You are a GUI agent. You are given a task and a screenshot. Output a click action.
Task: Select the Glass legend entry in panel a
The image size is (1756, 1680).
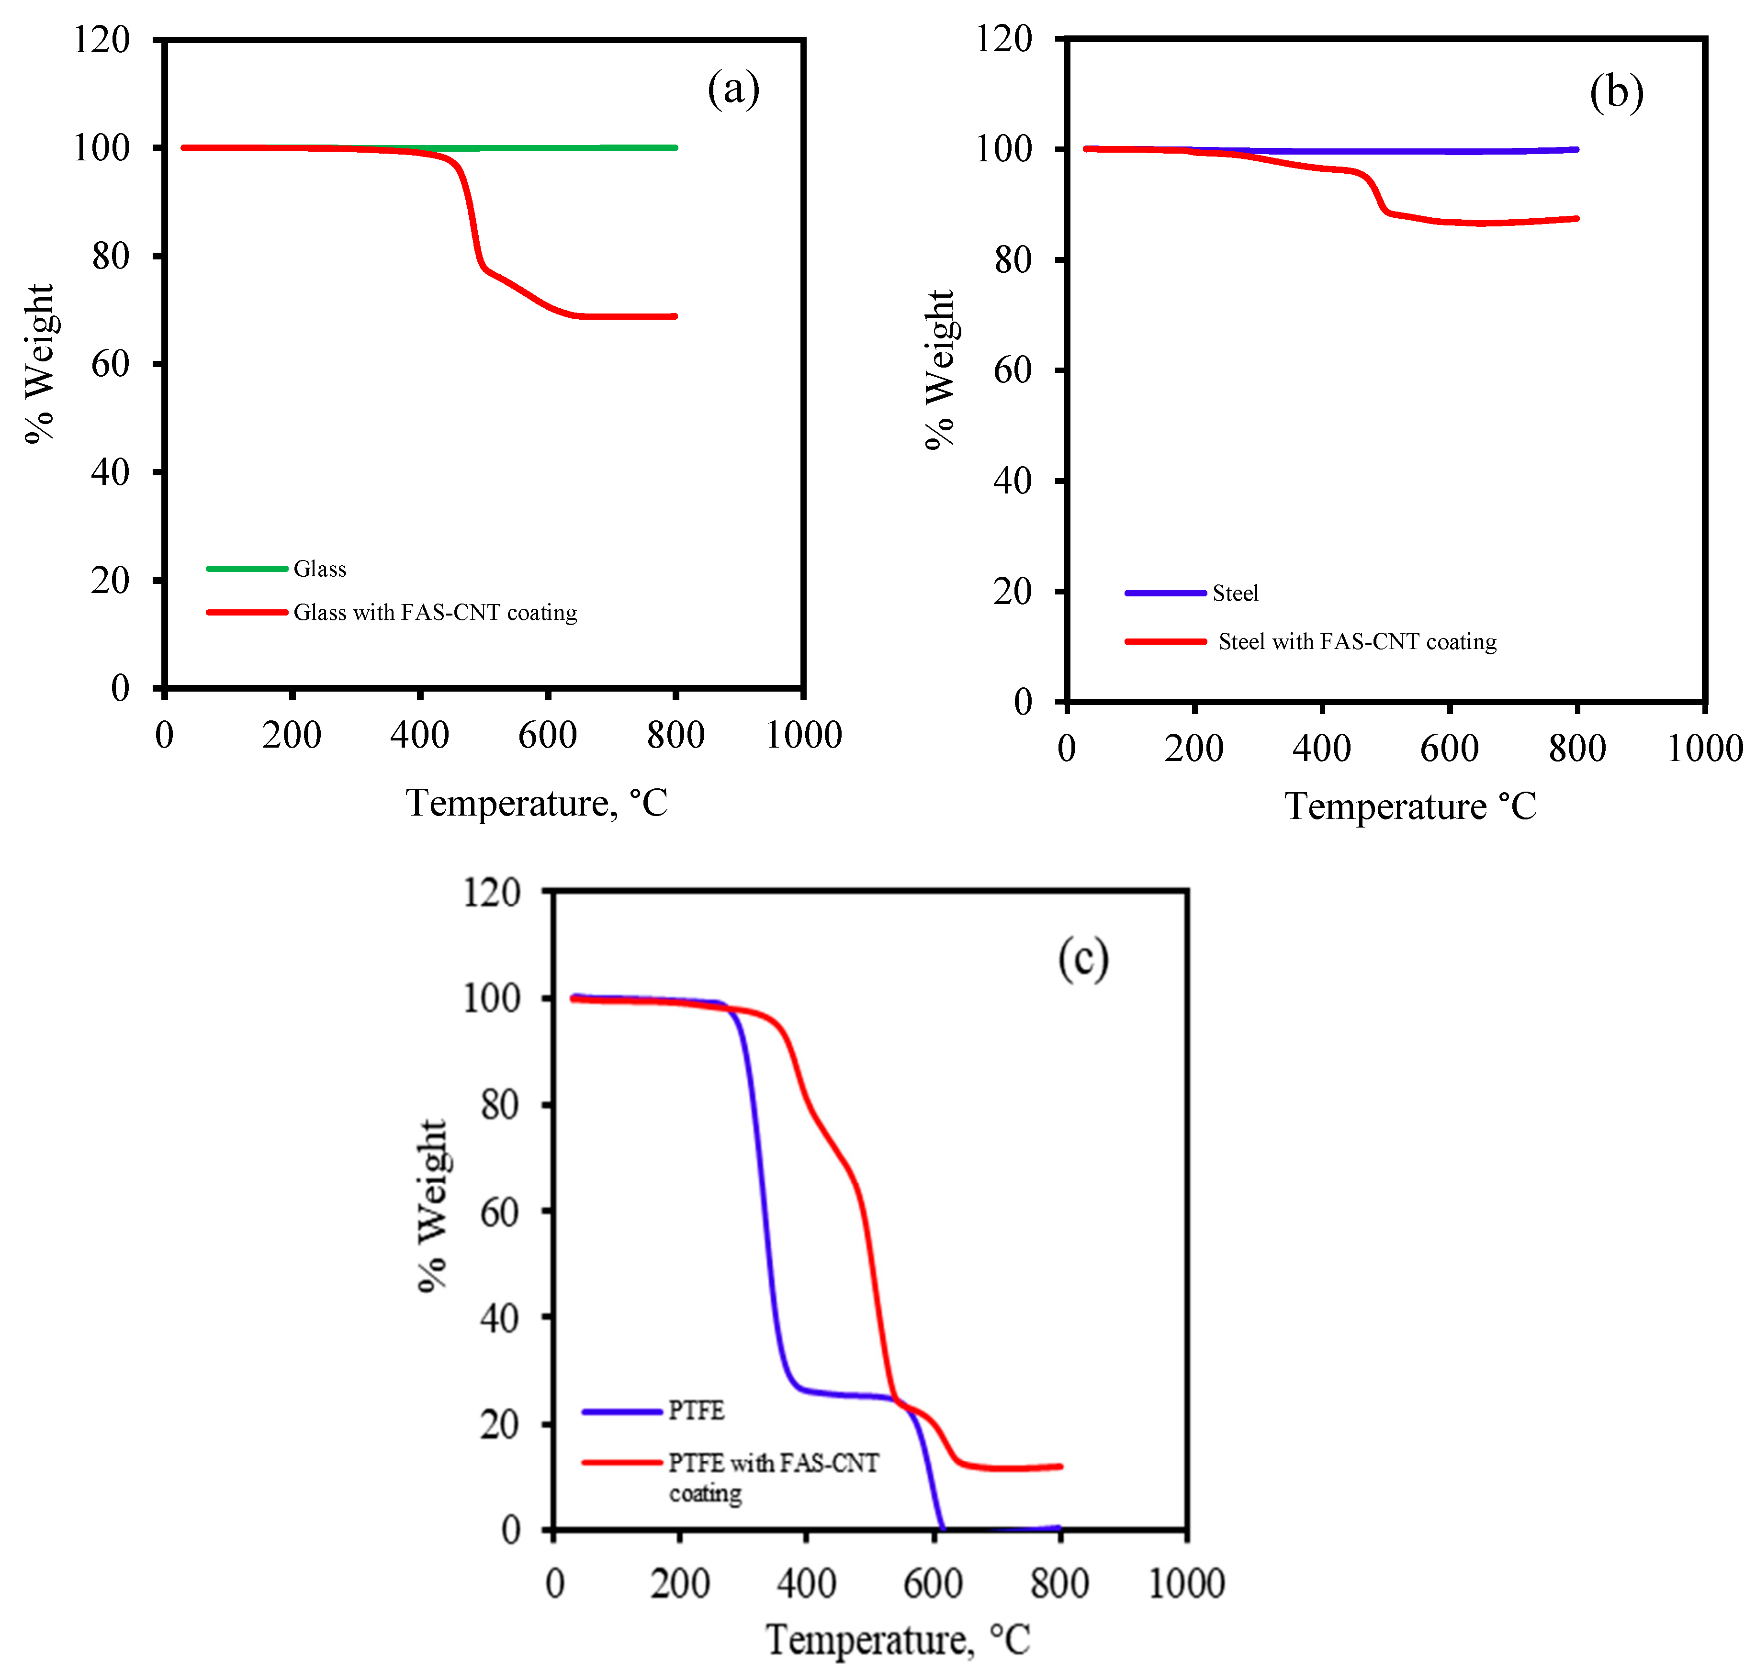click(320, 569)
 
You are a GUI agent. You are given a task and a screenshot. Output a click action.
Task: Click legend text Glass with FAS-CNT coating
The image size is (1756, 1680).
click(436, 613)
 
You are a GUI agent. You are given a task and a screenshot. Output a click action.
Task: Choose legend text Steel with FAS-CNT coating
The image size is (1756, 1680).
click(1357, 641)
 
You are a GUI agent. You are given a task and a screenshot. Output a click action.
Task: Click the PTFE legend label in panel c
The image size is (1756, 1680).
click(696, 1411)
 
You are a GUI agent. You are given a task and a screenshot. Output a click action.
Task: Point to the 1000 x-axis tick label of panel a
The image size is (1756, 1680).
click(804, 735)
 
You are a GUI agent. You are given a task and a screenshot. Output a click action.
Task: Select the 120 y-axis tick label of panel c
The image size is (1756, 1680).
click(491, 893)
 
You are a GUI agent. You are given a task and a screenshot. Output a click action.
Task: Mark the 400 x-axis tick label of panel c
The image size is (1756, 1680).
click(806, 1583)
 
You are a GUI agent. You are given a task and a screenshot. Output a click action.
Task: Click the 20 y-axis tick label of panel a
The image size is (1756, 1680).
click(110, 580)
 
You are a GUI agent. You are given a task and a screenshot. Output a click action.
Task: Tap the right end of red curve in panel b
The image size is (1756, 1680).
click(1576, 219)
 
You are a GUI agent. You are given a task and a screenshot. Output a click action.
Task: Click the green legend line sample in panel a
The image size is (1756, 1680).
click(247, 569)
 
